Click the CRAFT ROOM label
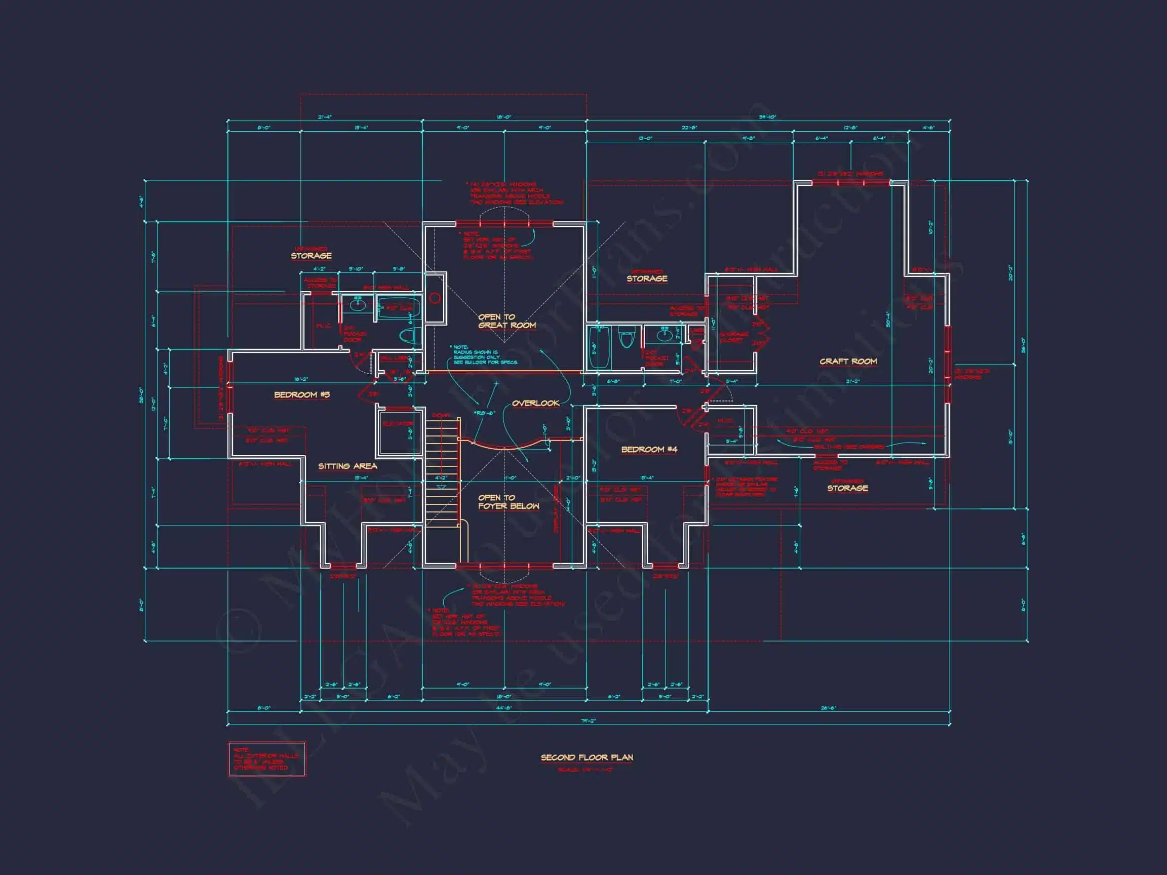(x=848, y=361)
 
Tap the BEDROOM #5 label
(x=302, y=394)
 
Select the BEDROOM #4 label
(x=649, y=449)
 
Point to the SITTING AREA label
(x=347, y=466)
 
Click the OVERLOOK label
(x=535, y=403)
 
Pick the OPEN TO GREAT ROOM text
(x=507, y=321)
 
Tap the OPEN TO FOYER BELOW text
(x=508, y=502)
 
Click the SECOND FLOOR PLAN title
(x=587, y=758)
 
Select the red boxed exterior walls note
(x=266, y=759)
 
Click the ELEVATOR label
(x=398, y=424)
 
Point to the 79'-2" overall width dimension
(x=588, y=721)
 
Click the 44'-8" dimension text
(x=504, y=708)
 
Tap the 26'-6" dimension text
(x=828, y=708)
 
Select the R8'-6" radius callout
(x=484, y=413)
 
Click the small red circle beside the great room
(x=435, y=299)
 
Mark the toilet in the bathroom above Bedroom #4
(x=626, y=338)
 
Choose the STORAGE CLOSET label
(x=734, y=337)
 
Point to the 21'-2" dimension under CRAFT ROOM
(x=852, y=381)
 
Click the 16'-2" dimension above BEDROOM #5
(x=301, y=379)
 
